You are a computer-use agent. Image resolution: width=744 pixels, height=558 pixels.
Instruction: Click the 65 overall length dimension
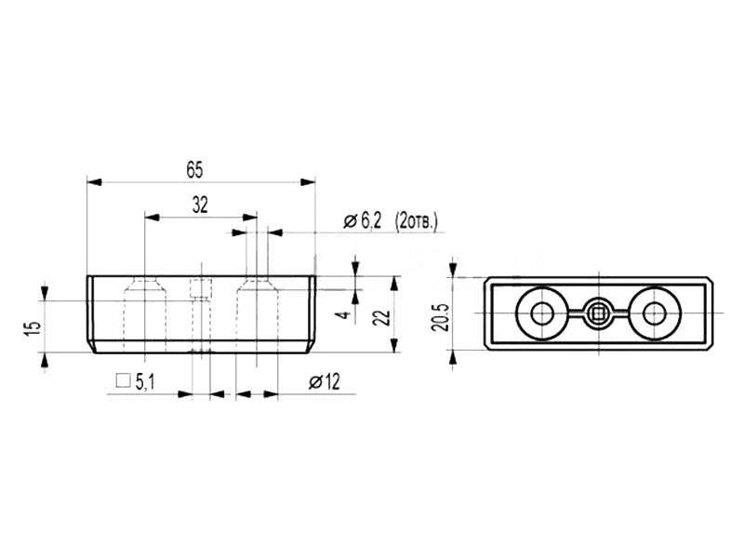pyautogui.click(x=194, y=170)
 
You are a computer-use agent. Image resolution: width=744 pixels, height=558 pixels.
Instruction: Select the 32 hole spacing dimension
pyautogui.click(x=200, y=205)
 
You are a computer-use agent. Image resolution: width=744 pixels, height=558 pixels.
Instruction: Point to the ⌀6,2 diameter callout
pyautogui.click(x=362, y=221)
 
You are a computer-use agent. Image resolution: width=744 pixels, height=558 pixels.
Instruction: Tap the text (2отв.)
pyautogui.click(x=416, y=221)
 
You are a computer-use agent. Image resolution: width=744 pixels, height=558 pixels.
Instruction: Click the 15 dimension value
pyautogui.click(x=33, y=328)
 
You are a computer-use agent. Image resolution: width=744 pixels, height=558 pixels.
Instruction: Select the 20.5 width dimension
pyautogui.click(x=440, y=317)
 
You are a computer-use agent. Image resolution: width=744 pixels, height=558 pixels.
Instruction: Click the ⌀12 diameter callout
pyautogui.click(x=325, y=381)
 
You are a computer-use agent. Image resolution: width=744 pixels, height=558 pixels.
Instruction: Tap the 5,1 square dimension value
pyautogui.click(x=145, y=382)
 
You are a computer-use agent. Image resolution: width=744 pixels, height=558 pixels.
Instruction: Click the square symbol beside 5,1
pyautogui.click(x=124, y=380)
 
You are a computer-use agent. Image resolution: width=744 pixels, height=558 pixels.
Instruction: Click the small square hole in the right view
pyautogui.click(x=598, y=313)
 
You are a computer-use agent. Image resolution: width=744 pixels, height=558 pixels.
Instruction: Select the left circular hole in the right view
pyautogui.click(x=541, y=313)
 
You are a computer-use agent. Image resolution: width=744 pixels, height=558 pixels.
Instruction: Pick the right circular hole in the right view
pyautogui.click(x=655, y=313)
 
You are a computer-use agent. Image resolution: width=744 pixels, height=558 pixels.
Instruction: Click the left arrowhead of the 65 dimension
pyautogui.click(x=95, y=182)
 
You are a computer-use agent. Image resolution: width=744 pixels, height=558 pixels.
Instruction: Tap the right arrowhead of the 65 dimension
pyautogui.click(x=308, y=182)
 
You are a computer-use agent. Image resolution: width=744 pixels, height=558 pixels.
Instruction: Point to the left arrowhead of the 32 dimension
pyautogui.click(x=152, y=218)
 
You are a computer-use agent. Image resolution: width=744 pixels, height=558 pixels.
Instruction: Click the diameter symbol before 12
pyautogui.click(x=315, y=382)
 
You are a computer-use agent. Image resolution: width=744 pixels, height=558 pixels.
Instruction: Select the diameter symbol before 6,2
pyautogui.click(x=351, y=221)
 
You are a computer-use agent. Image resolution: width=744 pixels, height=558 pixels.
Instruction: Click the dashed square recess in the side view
pyautogui.click(x=201, y=288)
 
